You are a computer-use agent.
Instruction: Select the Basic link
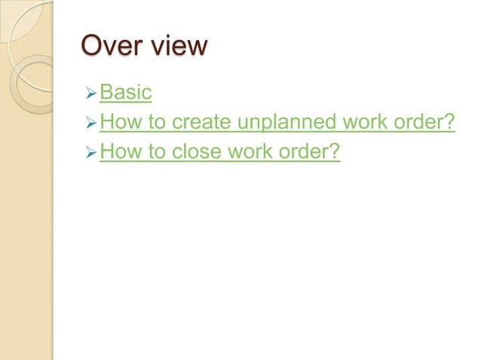click(126, 93)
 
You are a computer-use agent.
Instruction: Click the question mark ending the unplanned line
click(451, 123)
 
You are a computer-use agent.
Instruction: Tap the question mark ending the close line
click(336, 153)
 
